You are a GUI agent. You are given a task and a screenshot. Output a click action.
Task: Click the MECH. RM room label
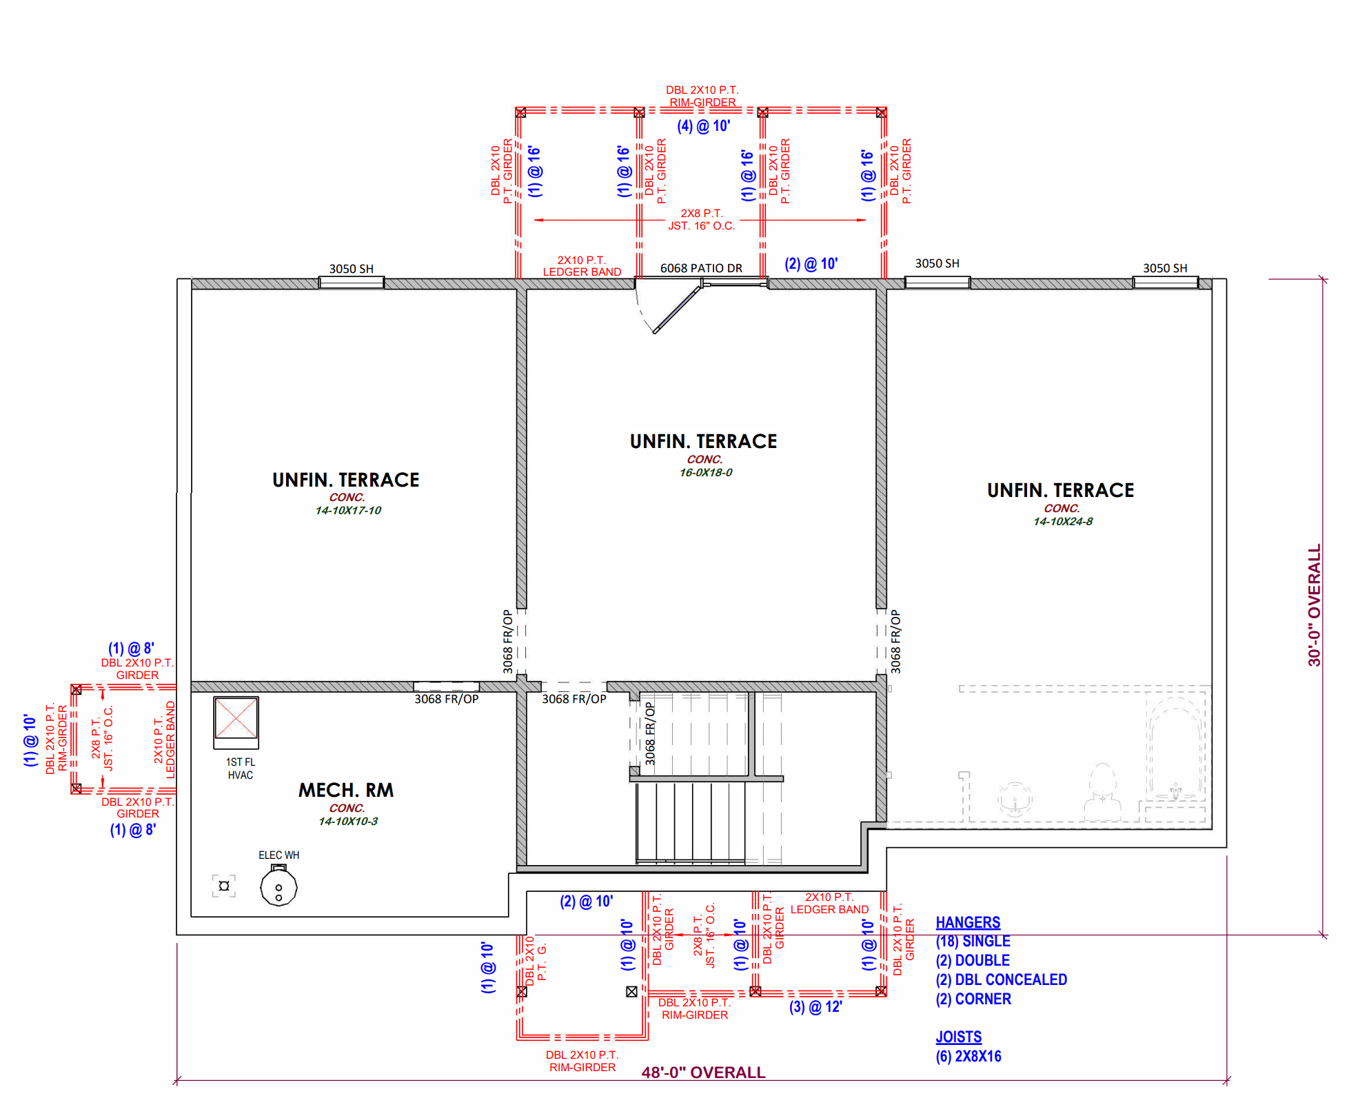tap(346, 790)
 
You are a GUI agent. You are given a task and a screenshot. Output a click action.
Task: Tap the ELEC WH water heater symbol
tap(278, 886)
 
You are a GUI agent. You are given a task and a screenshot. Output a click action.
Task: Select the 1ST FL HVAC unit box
tap(236, 722)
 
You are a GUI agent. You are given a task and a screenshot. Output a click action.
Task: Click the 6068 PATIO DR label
tap(701, 268)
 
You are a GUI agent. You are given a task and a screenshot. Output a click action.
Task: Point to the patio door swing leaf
tap(678, 309)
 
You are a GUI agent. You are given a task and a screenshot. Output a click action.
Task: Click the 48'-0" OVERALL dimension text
tap(703, 1073)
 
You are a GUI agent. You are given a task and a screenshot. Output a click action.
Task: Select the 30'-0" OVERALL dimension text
tap(1315, 605)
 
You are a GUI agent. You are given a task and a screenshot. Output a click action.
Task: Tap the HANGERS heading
tap(968, 922)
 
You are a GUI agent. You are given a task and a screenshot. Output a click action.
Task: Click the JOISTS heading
tap(958, 1037)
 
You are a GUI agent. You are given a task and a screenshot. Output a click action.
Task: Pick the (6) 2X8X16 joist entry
tap(969, 1056)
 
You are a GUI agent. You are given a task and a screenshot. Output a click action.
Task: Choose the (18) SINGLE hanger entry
tap(973, 942)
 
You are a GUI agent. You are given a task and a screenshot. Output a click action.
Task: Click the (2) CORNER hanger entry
tap(973, 999)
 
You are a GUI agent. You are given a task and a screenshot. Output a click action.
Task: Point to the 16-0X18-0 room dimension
tap(706, 473)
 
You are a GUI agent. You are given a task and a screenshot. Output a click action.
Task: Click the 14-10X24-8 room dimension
tap(1063, 522)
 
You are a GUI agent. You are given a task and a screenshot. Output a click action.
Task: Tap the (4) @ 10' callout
tap(703, 126)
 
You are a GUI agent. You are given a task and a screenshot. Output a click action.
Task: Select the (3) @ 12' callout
tap(815, 1007)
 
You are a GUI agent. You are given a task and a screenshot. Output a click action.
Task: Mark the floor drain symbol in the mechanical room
tap(224, 886)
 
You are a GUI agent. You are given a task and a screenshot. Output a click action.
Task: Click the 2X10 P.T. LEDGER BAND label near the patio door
tap(582, 266)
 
